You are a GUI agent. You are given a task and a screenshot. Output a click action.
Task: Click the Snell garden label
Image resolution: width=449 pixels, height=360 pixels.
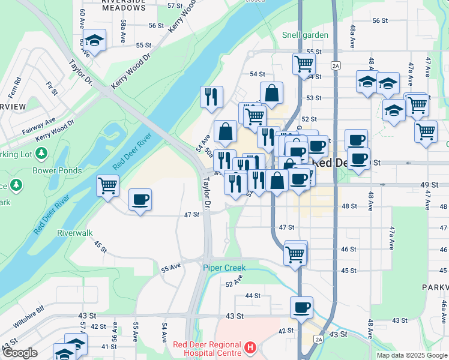[306, 35]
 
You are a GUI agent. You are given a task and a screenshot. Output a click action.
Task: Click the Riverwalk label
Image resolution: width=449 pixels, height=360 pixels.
[76, 232]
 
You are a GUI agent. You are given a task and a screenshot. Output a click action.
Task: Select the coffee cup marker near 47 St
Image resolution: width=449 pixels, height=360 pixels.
[140, 199]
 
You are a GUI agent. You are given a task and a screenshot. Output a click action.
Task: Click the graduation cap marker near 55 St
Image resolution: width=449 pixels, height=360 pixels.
[94, 40]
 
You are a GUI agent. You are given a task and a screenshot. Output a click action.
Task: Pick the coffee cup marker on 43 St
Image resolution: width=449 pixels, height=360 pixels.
[301, 307]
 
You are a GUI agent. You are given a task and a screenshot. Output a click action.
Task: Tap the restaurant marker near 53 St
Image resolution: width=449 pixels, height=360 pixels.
[211, 97]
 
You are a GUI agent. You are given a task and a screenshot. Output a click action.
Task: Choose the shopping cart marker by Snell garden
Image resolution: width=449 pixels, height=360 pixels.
[304, 63]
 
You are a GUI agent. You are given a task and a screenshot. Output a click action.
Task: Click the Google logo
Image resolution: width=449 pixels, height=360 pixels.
[19, 353]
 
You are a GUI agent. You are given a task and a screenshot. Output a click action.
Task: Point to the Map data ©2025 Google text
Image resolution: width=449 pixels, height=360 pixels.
[411, 355]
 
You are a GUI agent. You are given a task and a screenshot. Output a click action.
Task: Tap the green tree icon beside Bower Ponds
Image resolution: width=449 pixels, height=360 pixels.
[41, 154]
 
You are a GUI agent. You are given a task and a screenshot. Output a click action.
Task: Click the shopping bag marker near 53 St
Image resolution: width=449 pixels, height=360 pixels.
[272, 93]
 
